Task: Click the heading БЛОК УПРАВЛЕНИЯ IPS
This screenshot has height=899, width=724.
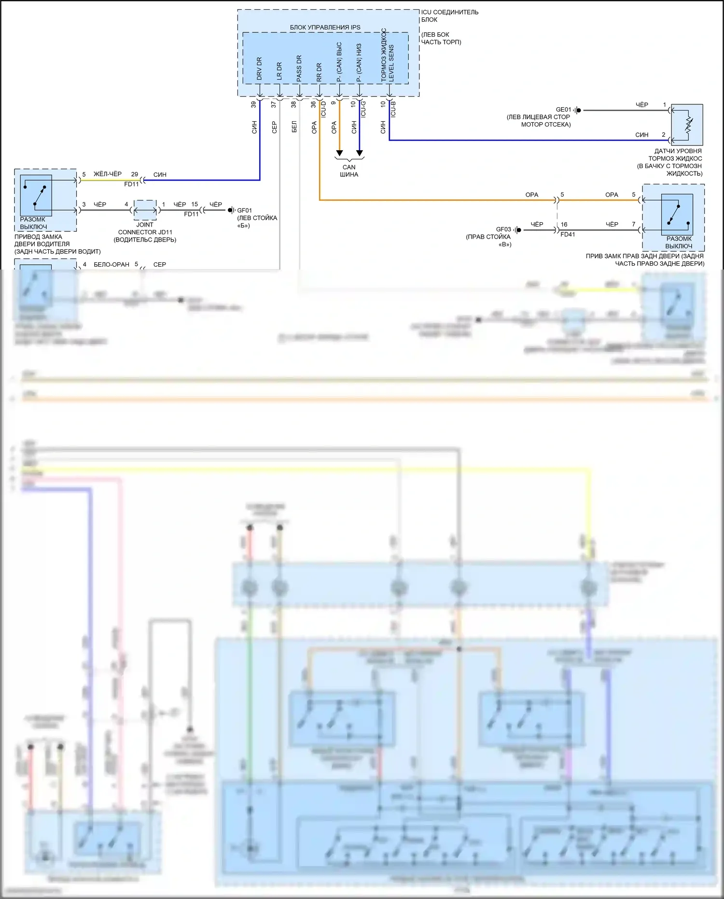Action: click(325, 28)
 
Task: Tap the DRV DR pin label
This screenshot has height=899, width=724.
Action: click(259, 69)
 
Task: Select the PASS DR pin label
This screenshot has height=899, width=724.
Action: click(299, 68)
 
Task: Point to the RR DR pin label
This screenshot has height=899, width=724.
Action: click(319, 72)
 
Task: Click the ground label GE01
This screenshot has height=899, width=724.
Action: click(563, 110)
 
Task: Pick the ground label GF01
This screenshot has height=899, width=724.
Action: click(244, 211)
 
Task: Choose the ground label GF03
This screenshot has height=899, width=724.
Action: click(503, 229)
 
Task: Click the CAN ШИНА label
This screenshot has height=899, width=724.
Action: click(349, 171)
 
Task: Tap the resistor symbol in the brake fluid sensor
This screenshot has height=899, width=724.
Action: click(689, 125)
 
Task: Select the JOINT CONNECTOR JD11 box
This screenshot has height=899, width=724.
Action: click(145, 210)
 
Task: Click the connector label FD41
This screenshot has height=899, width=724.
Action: click(568, 235)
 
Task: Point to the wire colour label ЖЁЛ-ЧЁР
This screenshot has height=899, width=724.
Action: click(108, 174)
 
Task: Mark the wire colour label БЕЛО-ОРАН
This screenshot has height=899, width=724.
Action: click(111, 265)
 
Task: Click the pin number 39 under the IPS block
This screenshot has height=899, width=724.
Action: click(254, 104)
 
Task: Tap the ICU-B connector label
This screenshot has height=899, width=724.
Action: click(393, 109)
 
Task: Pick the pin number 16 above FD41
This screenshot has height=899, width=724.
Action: click(564, 225)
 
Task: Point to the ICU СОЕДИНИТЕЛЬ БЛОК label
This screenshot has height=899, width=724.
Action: click(449, 16)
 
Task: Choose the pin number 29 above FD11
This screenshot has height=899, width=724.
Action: click(135, 174)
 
